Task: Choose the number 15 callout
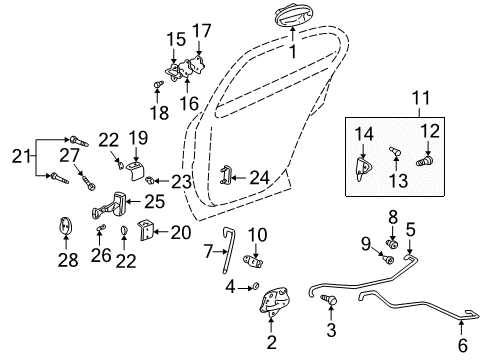point(176,39)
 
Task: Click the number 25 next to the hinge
point(155,202)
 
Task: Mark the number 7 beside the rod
point(209,250)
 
